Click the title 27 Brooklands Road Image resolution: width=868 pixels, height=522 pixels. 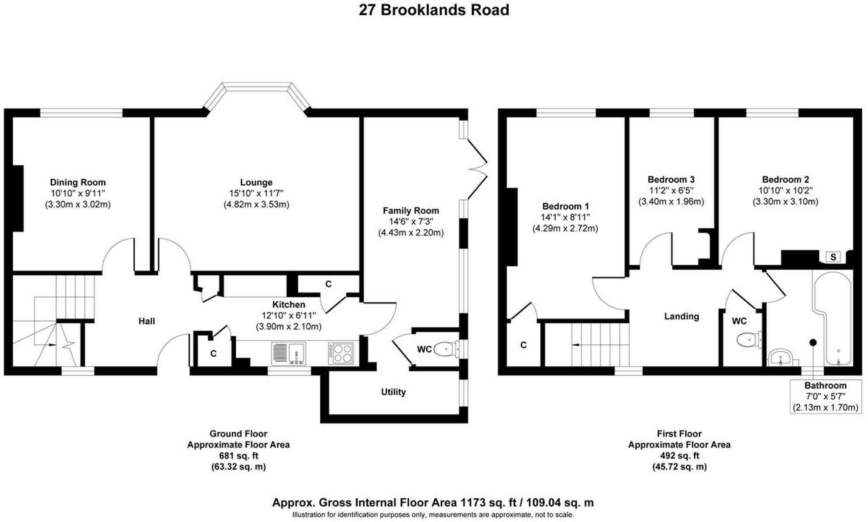click(x=434, y=10)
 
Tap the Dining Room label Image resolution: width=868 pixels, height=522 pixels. click(x=78, y=182)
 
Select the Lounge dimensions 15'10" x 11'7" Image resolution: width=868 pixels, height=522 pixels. click(x=256, y=193)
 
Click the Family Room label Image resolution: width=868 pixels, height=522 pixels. click(x=411, y=211)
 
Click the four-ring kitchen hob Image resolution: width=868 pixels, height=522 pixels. click(x=340, y=353)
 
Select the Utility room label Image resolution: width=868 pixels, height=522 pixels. click(x=393, y=392)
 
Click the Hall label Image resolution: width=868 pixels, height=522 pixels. click(x=147, y=321)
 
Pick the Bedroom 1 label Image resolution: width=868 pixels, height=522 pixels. click(x=565, y=206)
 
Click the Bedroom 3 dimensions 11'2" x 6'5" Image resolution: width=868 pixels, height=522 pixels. click(x=671, y=190)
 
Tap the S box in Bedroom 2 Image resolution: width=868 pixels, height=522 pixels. click(x=833, y=257)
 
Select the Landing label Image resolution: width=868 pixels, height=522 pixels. click(x=681, y=316)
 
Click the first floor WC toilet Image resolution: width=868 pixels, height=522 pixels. click(x=748, y=339)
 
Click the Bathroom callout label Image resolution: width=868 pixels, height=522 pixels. click(x=825, y=386)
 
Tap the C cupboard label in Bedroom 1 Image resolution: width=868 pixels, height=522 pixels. click(x=523, y=345)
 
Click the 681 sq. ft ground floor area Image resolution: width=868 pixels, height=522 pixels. click(x=238, y=456)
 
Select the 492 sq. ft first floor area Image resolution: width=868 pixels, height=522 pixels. click(x=679, y=456)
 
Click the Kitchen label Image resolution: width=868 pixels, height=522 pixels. click(x=289, y=304)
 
